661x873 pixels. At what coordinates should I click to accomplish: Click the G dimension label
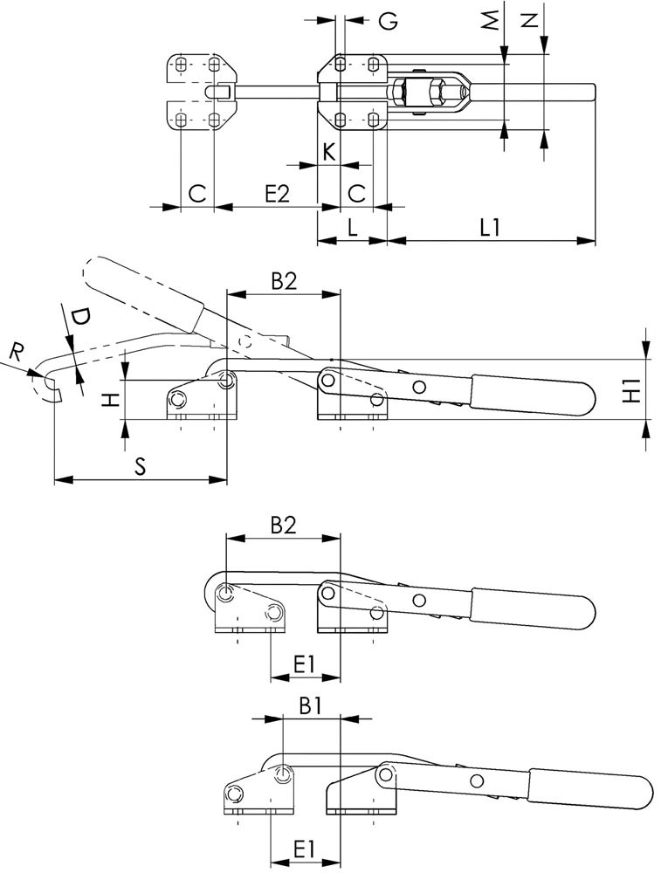[389, 20]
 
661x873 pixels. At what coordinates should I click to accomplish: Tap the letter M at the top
[493, 20]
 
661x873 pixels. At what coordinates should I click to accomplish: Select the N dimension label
[528, 20]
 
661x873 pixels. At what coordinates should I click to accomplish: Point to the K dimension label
[327, 151]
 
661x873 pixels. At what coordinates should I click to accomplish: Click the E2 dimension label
[276, 194]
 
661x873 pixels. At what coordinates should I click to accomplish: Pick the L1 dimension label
[490, 227]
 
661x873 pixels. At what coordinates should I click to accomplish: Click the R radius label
[17, 353]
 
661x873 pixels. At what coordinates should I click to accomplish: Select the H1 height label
[634, 389]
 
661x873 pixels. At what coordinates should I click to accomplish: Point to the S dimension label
[140, 465]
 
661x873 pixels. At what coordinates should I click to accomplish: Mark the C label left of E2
[197, 194]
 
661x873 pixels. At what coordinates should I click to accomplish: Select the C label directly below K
[356, 194]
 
